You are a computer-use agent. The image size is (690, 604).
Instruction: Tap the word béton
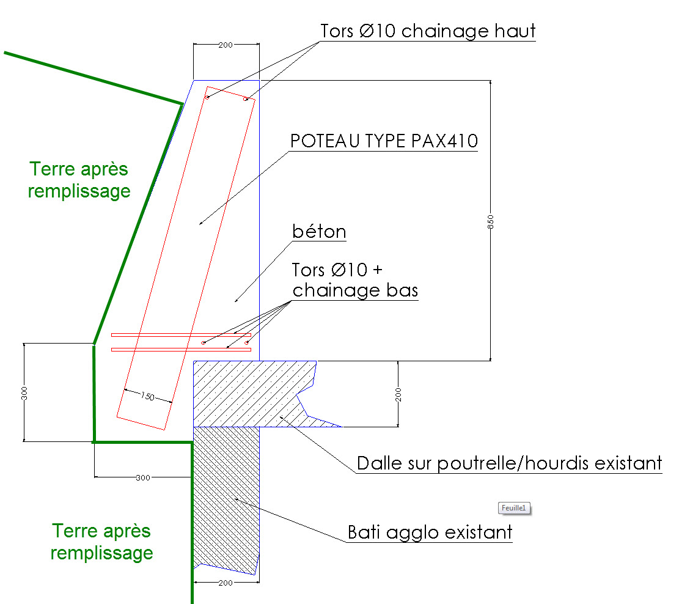point(319,232)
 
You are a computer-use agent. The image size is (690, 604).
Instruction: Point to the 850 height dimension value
point(490,222)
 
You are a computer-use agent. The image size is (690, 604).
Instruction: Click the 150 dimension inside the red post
point(147,396)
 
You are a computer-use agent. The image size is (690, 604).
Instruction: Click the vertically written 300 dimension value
point(24,393)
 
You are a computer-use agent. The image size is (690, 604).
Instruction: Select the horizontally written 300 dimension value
point(142,477)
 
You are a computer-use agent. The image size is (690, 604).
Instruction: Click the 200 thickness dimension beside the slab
point(397,394)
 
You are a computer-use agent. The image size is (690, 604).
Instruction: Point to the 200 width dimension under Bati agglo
point(225,583)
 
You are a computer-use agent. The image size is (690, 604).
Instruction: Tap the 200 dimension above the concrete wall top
point(225,45)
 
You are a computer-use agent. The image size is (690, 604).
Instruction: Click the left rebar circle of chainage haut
point(207,98)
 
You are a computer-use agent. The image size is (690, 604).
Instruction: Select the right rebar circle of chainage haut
point(246,98)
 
